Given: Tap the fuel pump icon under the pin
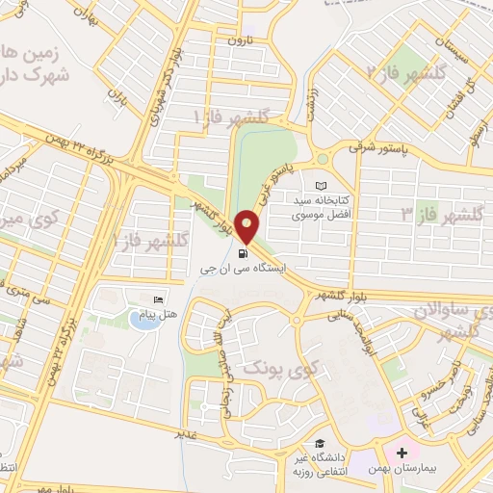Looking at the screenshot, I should [x=241, y=254].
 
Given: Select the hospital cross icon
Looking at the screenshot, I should [x=401, y=452].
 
